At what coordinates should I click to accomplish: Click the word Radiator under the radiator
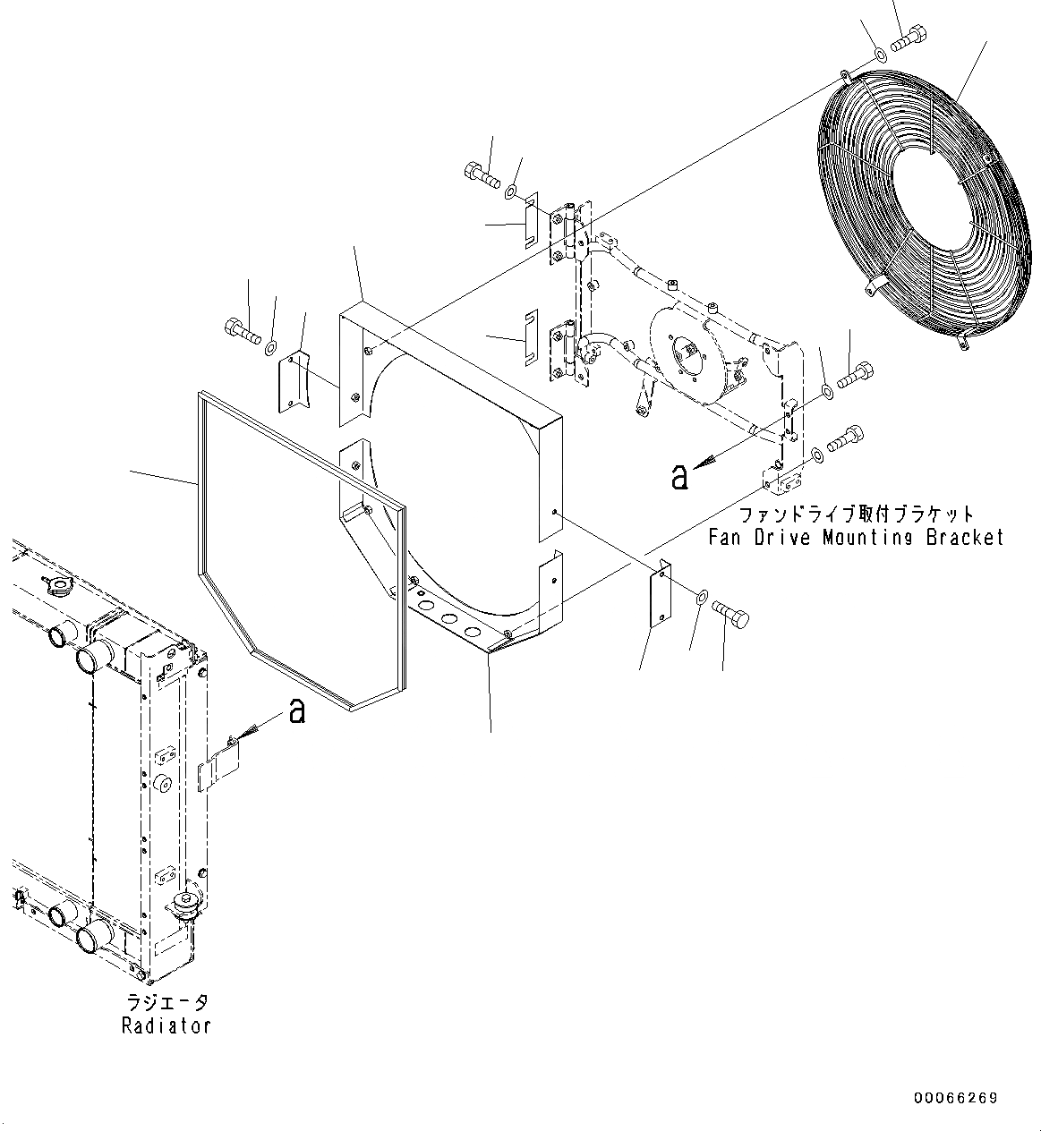click(x=166, y=1025)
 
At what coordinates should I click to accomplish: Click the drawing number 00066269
click(x=955, y=1098)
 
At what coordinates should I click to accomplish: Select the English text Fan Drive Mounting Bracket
click(x=856, y=537)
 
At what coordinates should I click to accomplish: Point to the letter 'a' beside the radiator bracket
click(x=296, y=711)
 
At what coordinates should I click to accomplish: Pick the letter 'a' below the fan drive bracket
click(x=680, y=476)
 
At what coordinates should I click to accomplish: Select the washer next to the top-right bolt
click(x=881, y=55)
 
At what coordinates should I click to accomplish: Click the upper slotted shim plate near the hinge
click(x=530, y=221)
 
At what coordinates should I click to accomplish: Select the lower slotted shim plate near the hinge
click(x=530, y=339)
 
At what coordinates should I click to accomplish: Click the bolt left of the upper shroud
click(x=243, y=331)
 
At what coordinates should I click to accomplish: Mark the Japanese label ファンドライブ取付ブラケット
click(x=856, y=515)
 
